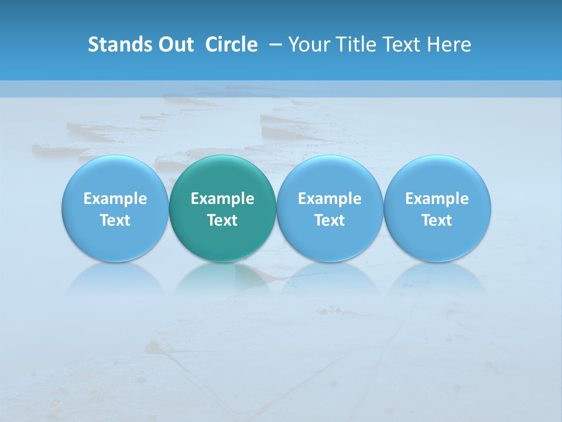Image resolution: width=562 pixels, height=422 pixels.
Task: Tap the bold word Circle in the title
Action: pyautogui.click(x=231, y=45)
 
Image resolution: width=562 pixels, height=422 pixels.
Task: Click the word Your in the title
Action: pyautogui.click(x=310, y=45)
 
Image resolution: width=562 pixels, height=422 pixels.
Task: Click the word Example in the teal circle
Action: pyautogui.click(x=222, y=199)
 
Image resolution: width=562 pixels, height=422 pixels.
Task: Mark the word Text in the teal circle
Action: pyautogui.click(x=222, y=220)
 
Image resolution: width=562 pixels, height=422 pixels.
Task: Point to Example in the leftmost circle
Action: pyautogui.click(x=115, y=199)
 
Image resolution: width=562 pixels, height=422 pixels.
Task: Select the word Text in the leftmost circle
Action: pyautogui.click(x=115, y=220)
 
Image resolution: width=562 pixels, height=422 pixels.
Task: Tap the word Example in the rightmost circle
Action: pyautogui.click(x=437, y=199)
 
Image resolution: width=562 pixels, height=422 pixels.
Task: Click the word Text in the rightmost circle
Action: pyautogui.click(x=437, y=220)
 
